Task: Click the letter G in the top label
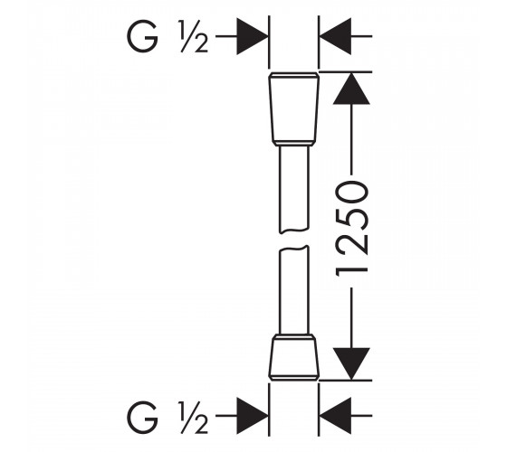click(143, 36)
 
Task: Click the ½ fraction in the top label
click(194, 36)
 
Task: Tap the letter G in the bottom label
click(143, 417)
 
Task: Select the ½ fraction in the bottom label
click(194, 417)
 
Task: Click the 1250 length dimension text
click(351, 229)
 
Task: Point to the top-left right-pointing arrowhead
click(253, 36)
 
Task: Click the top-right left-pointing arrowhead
click(335, 36)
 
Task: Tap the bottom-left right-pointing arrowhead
click(253, 416)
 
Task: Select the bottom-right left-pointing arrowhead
click(335, 416)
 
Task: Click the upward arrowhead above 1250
click(351, 89)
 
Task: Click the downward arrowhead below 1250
click(351, 363)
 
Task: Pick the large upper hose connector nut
click(294, 109)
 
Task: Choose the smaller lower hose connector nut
click(294, 357)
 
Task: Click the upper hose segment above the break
click(294, 190)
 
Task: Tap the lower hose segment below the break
click(294, 290)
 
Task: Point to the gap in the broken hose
click(294, 240)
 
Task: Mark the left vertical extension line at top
click(269, 42)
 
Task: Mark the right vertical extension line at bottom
click(319, 410)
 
